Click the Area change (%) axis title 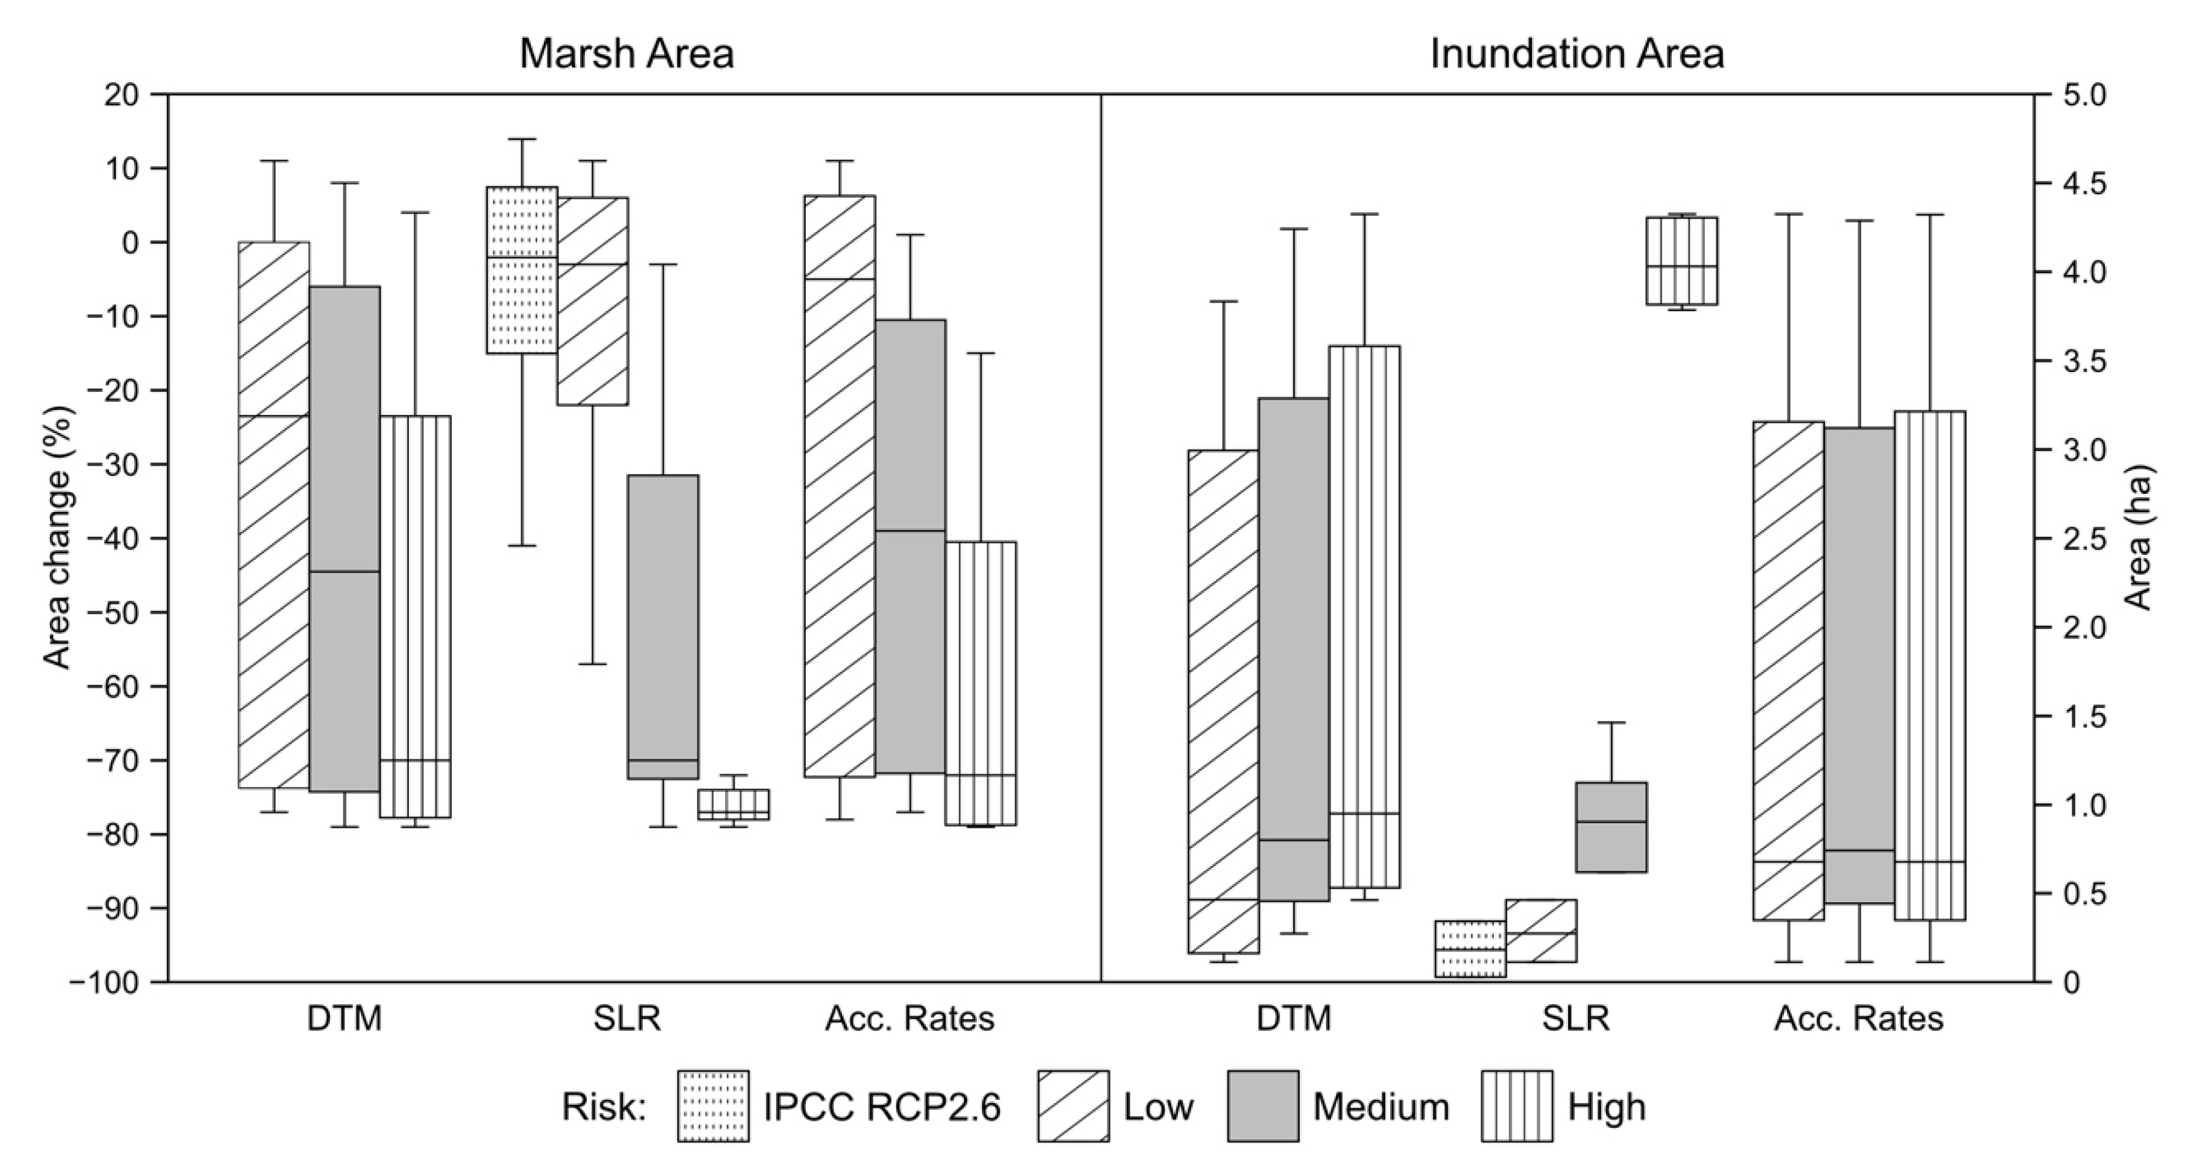pos(59,538)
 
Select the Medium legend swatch pos(1262,1106)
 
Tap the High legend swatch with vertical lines pos(1517,1106)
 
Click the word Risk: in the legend pos(603,1107)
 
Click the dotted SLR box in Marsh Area pos(522,270)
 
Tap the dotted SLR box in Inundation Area pos(1470,948)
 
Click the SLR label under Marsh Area pos(627,1019)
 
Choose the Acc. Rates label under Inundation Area pos(1859,1019)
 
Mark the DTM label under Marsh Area pos(344,1019)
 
